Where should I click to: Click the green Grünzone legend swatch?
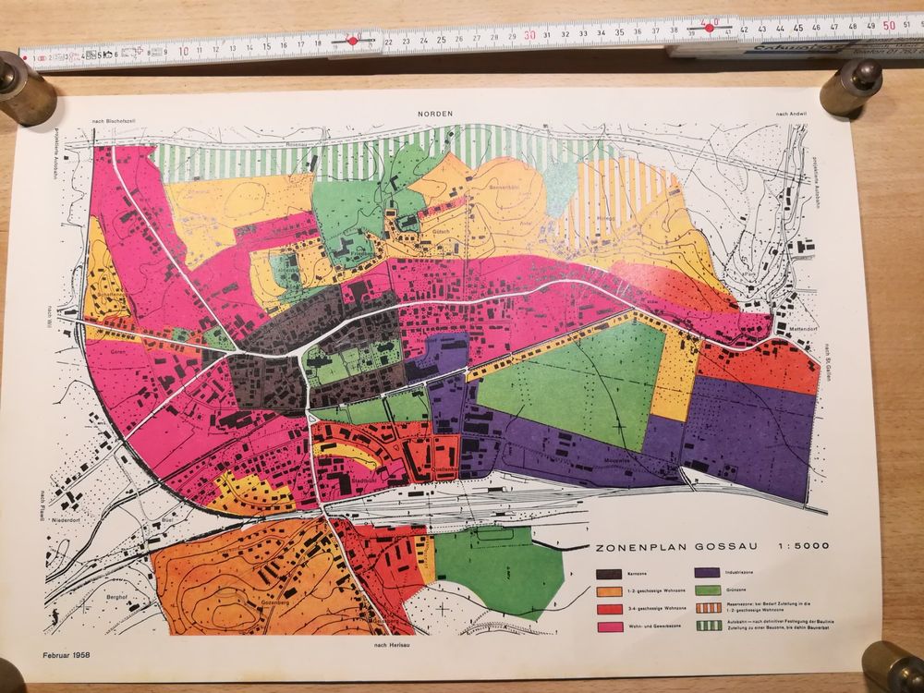tap(708, 590)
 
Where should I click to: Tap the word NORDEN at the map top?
tap(434, 112)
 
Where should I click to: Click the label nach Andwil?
tap(791, 114)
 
